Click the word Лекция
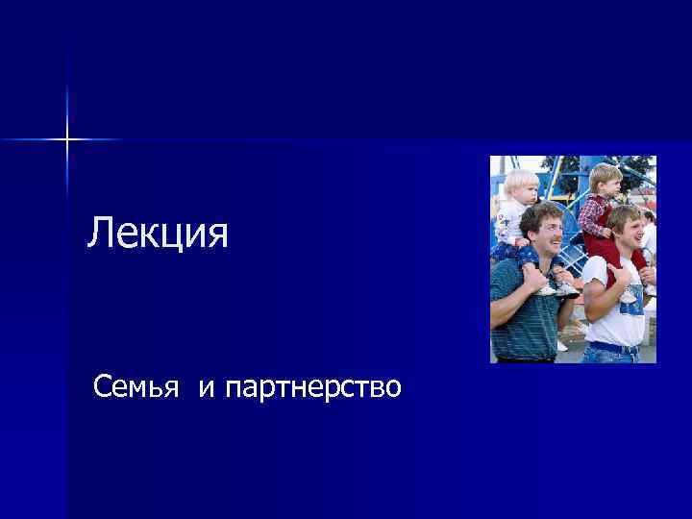pos(158,234)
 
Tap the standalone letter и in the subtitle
pos(207,389)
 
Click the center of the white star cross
pos(67,139)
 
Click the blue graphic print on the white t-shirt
pos(629,297)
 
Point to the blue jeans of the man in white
pos(611,355)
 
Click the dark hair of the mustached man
pos(540,212)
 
